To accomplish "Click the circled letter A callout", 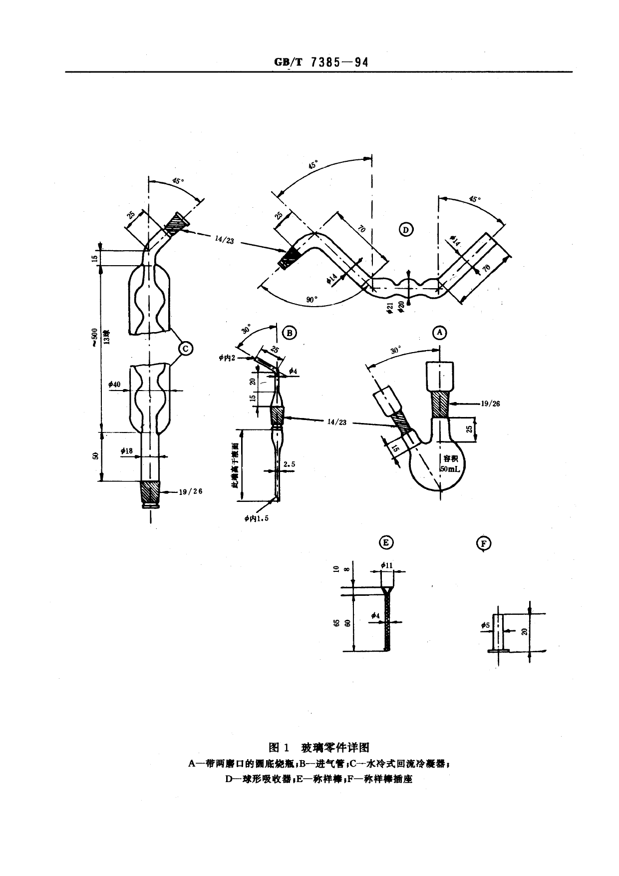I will [x=439, y=332].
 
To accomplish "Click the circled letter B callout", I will [x=290, y=333].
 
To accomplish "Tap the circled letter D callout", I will [x=406, y=230].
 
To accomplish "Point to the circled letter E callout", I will [x=386, y=543].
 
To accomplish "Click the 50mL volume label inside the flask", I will [x=450, y=469].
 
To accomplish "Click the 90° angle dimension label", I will [x=311, y=300].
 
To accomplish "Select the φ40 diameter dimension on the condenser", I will [x=114, y=385].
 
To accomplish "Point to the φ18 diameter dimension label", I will [x=126, y=451].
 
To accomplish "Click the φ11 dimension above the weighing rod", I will [x=387, y=565].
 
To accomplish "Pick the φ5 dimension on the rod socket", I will [x=485, y=625].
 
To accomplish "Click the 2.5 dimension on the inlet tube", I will [x=289, y=464].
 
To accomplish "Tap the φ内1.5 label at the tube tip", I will [x=257, y=518].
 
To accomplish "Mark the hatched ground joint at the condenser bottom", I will [x=150, y=492].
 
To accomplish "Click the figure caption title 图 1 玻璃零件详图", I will [x=319, y=747].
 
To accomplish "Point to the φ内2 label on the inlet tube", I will [x=227, y=358].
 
